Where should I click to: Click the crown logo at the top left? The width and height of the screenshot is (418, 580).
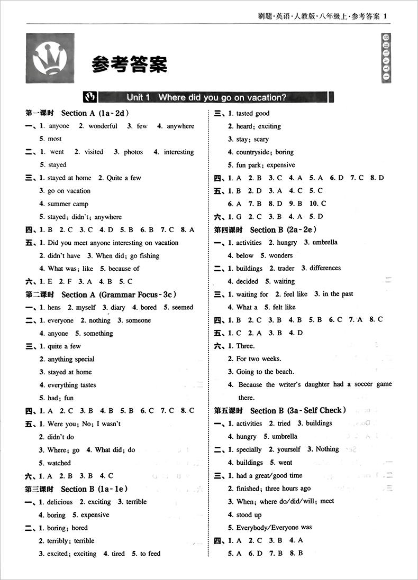click(x=50, y=58)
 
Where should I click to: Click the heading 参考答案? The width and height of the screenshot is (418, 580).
click(x=129, y=65)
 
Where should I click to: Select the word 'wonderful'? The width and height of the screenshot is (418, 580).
click(x=103, y=126)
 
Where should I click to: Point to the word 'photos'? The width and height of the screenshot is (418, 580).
click(x=133, y=152)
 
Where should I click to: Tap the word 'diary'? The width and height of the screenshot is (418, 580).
click(x=117, y=308)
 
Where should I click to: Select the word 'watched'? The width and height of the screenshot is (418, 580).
click(x=59, y=463)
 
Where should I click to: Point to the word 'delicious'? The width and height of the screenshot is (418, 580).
click(x=59, y=502)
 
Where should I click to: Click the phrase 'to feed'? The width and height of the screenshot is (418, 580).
click(x=150, y=554)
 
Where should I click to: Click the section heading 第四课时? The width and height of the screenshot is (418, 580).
click(x=228, y=230)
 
